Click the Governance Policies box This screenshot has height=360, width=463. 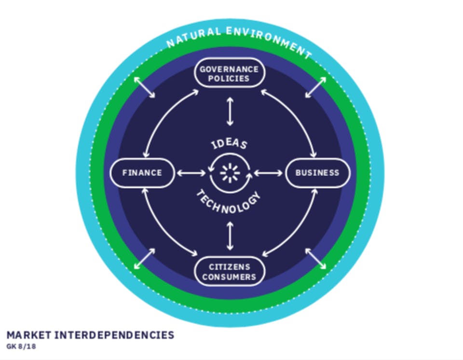tap(229, 74)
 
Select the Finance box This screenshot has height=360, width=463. tap(142, 173)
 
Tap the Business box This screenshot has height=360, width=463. tap(317, 173)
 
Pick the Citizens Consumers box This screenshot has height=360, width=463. tap(229, 272)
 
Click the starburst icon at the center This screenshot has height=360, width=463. tap(230, 173)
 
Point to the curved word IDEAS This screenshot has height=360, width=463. tap(229, 144)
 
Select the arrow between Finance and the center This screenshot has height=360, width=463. tap(191, 173)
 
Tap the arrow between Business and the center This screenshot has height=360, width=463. tap(269, 173)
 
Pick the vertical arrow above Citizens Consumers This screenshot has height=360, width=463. tap(230, 235)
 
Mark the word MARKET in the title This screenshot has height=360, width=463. tap(29, 335)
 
